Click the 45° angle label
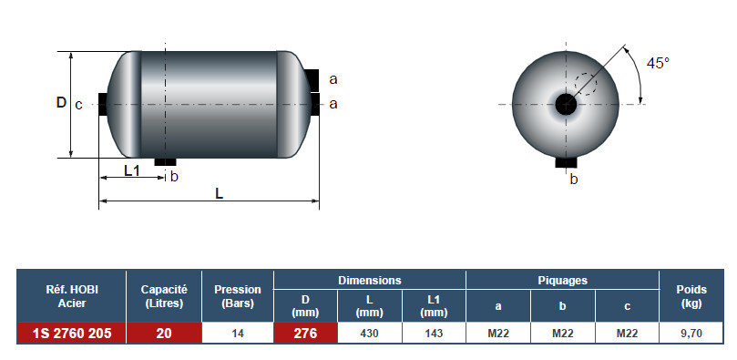coord(658,63)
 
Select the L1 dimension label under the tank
coord(132,170)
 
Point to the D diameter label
coord(61,102)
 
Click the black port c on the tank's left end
coord(102,104)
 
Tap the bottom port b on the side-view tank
coord(165,161)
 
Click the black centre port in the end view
coord(566,104)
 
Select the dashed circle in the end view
coord(586,84)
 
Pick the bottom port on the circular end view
coord(566,162)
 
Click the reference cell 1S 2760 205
coord(72,334)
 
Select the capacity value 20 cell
coord(164,334)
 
